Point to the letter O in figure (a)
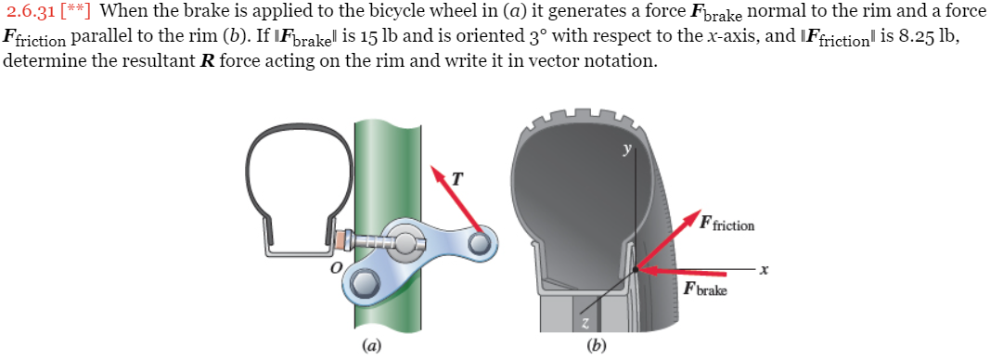tap(339, 267)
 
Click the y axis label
tap(628, 148)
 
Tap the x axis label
tap(764, 270)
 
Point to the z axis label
tap(585, 322)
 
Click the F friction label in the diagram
tap(727, 224)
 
